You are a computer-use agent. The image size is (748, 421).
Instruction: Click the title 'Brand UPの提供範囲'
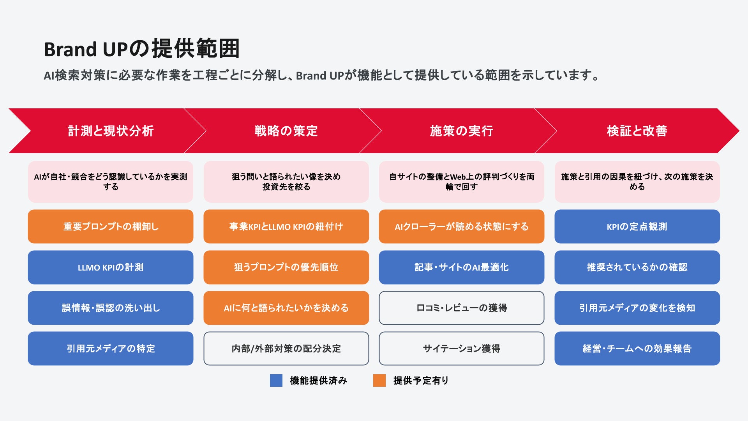[x=142, y=49]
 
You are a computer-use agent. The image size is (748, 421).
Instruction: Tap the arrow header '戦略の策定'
[x=286, y=131]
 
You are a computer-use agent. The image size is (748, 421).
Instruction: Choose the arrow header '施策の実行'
[x=461, y=131]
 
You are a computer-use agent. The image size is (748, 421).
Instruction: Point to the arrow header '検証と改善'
[x=637, y=131]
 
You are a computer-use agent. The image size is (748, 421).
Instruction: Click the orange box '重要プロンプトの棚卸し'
[x=111, y=226]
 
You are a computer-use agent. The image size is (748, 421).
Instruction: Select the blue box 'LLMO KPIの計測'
[x=111, y=267]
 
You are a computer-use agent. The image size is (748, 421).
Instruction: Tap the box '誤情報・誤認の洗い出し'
[x=111, y=308]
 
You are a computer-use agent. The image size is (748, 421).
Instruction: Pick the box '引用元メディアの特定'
[x=111, y=348]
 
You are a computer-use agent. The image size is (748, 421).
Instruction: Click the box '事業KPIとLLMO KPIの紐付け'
[x=286, y=226]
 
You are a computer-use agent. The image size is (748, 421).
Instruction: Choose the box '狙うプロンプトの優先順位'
[x=286, y=267]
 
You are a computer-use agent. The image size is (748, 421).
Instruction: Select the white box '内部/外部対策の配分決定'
[x=286, y=348]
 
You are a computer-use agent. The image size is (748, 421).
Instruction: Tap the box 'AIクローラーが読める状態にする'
[x=461, y=226]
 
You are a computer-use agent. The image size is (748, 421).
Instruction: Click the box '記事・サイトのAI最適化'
[x=461, y=267]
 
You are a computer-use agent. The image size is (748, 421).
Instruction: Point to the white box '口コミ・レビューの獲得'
[x=461, y=308]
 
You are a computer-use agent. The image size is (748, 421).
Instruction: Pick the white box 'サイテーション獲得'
[x=461, y=348]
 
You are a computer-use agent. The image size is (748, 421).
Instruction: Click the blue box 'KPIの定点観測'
[x=637, y=226]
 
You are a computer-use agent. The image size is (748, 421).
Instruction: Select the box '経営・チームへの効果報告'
[x=637, y=348]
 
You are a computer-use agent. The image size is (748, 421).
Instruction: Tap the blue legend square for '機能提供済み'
[x=276, y=380]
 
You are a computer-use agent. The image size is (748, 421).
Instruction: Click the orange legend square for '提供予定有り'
[x=379, y=380]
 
